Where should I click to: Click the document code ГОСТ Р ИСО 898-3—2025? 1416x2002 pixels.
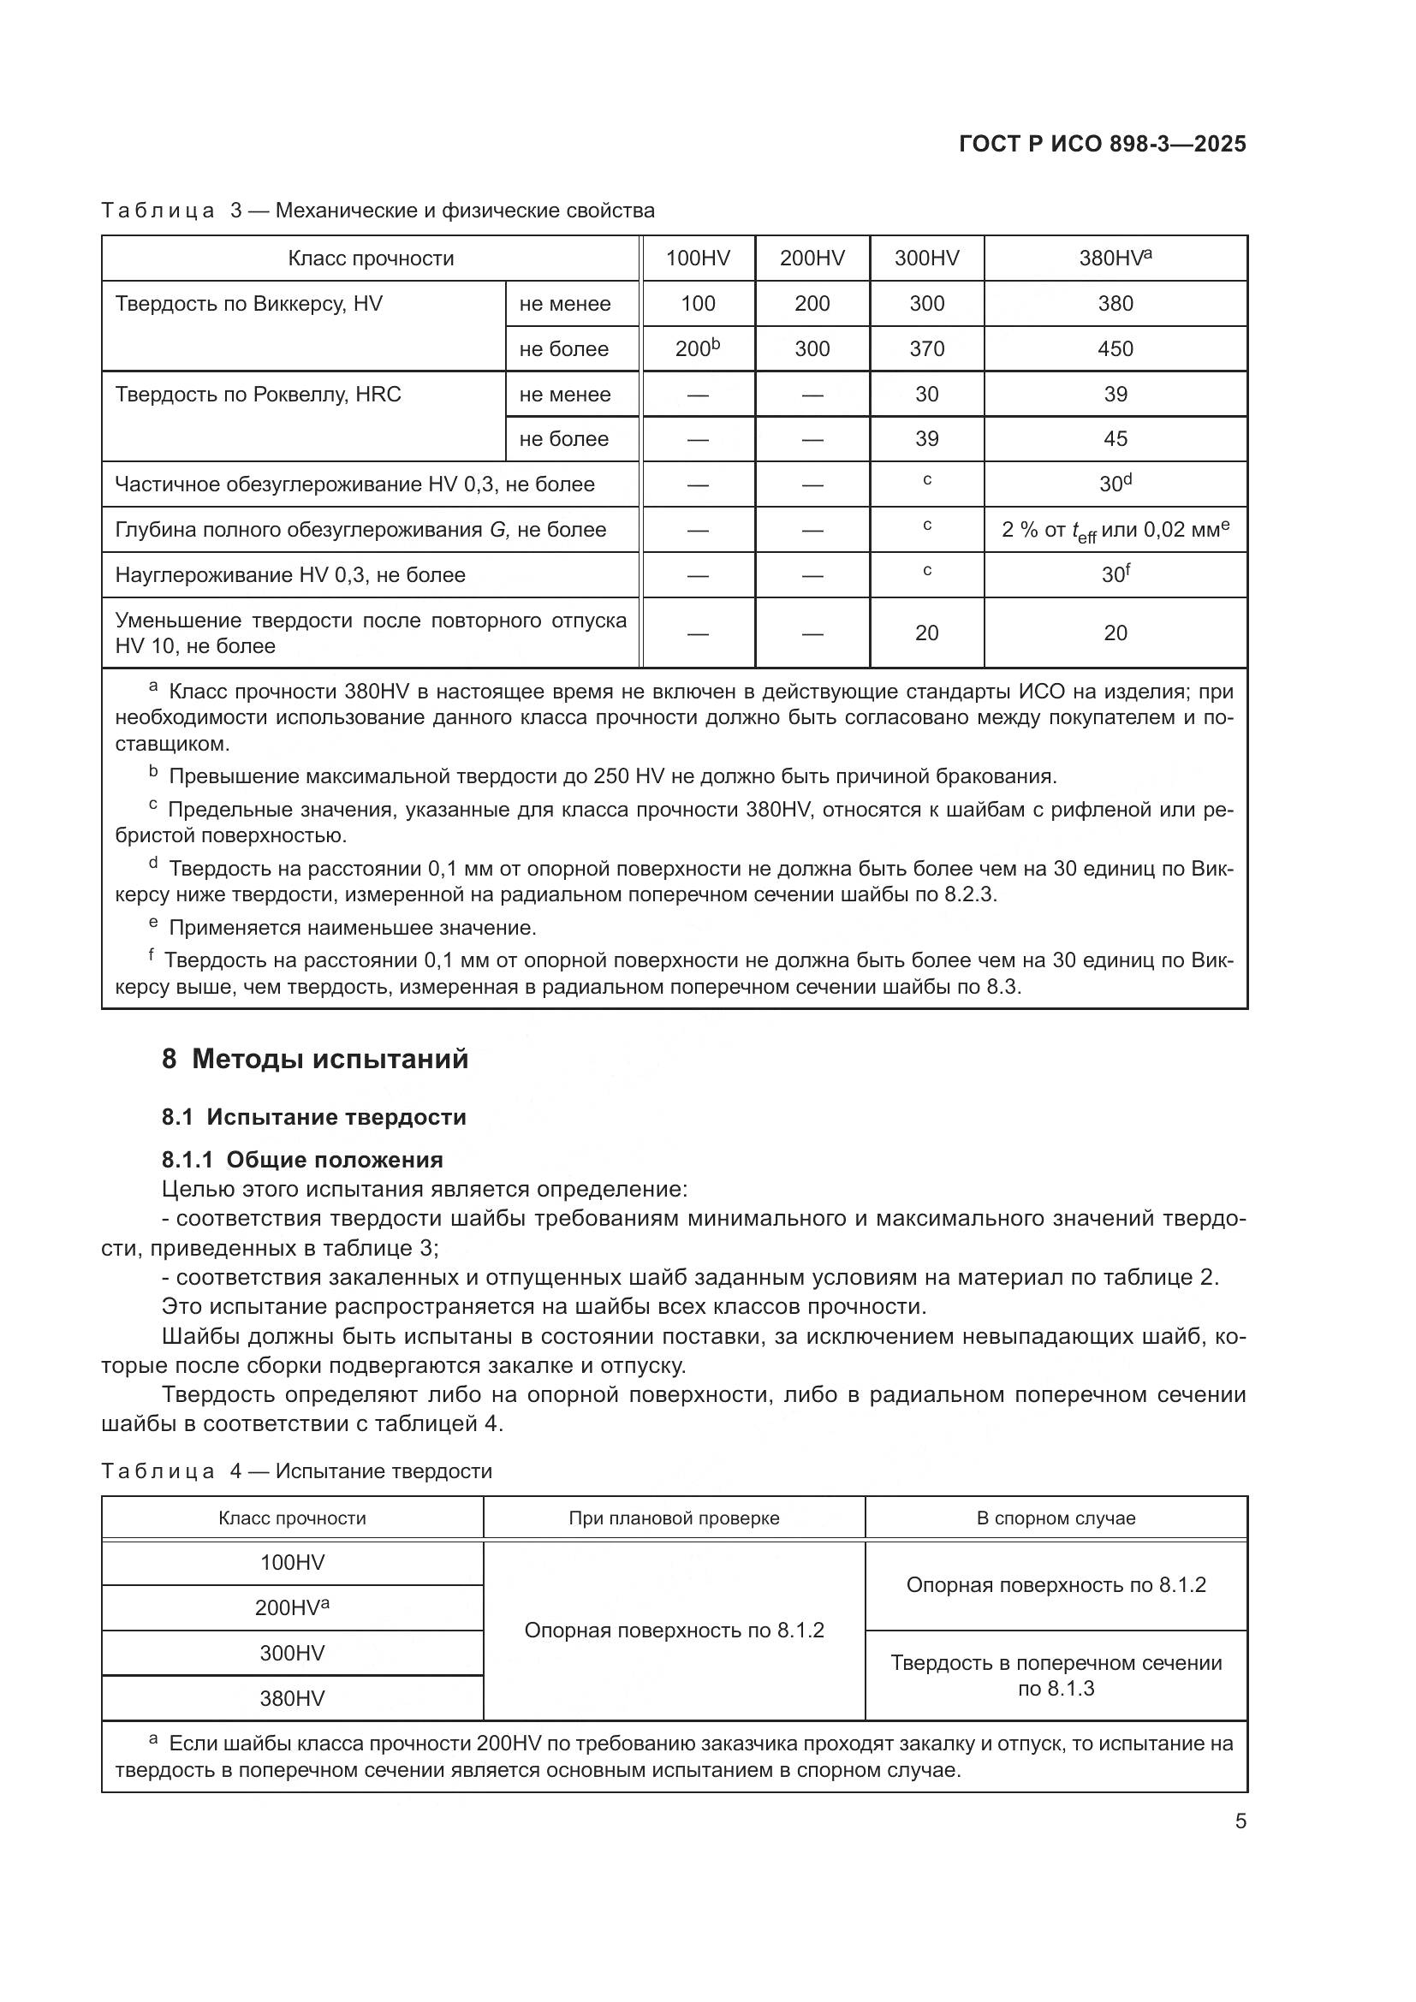point(1102,144)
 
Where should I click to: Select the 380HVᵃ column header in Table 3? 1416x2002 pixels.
point(1116,258)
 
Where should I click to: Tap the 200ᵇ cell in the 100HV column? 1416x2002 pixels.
point(698,348)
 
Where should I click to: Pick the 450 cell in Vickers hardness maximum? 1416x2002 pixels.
point(1116,348)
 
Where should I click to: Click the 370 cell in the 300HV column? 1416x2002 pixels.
point(926,348)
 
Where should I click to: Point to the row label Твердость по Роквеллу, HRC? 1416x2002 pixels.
point(258,394)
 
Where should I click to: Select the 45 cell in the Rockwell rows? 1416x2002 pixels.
point(1116,438)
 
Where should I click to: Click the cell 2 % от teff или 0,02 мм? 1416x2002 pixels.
point(1116,530)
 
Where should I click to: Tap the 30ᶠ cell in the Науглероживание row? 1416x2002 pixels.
point(1116,574)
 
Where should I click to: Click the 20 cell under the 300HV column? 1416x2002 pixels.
point(926,633)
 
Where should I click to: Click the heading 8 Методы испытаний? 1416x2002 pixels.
point(315,1060)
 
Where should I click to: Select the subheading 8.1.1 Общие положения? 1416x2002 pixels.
point(301,1160)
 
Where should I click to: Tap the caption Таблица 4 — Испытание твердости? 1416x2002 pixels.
point(296,1471)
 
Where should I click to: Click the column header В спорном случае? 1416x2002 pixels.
point(1055,1518)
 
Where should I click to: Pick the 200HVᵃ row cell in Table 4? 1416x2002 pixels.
point(292,1608)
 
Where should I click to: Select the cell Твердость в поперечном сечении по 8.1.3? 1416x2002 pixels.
point(1055,1675)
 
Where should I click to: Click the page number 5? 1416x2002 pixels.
point(1240,1821)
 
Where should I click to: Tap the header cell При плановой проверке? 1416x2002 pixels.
point(673,1518)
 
